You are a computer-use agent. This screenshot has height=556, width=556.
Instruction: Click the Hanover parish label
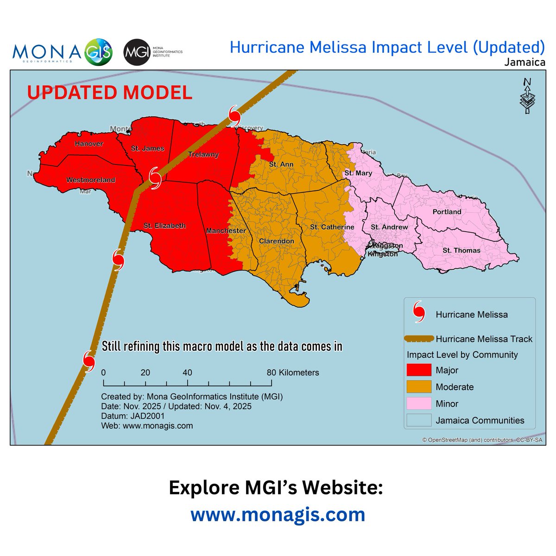pos(89,144)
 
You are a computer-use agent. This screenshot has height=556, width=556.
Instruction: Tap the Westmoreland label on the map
pos(91,180)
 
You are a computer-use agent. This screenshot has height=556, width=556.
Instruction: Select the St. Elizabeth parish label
pos(164,226)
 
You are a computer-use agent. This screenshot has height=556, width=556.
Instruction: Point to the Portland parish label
pos(447,212)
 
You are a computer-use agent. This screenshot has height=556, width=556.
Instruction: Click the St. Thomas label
pos(461,250)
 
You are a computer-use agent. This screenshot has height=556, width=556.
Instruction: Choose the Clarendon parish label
pos(277,241)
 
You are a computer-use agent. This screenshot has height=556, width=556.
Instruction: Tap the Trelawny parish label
pos(203,154)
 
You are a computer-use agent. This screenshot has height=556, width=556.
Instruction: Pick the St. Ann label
pos(281,164)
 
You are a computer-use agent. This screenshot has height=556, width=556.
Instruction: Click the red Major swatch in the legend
pos(418,370)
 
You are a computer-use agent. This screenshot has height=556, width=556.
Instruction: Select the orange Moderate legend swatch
pos(418,387)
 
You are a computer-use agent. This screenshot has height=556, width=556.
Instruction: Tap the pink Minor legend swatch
pos(418,404)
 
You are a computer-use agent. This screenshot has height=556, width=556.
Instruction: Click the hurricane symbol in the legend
pos(419,312)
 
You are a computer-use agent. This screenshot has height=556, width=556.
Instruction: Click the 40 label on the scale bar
pos(187,373)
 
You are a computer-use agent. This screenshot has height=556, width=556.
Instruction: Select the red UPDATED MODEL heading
pos(109,93)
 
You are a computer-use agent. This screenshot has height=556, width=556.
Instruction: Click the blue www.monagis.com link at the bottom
pos(278,514)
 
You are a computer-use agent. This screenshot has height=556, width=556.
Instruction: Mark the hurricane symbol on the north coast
pos(235,114)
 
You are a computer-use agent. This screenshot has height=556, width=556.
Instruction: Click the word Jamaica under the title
pos(525,62)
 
